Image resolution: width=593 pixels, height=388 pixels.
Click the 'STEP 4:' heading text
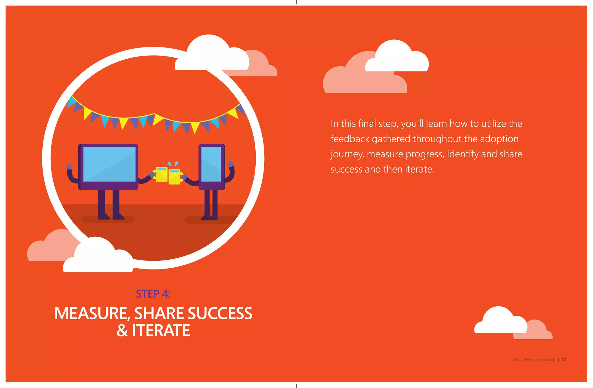(153, 294)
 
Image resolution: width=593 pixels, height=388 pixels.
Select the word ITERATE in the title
(161, 331)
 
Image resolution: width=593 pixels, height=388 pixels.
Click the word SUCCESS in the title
(220, 314)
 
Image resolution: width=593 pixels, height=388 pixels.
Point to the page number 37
(563, 360)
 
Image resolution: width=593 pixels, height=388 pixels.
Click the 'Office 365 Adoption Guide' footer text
(534, 360)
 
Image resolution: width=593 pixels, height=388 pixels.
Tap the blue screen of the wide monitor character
(109, 164)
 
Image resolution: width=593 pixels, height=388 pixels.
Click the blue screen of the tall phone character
(211, 164)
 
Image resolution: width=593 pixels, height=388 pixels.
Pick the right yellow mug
(174, 177)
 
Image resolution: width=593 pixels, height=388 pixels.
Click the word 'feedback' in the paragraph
(350, 139)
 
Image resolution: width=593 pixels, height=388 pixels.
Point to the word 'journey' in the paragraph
(346, 154)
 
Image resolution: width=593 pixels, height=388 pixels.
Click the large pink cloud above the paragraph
(359, 80)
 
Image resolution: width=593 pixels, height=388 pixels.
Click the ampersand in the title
(122, 331)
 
